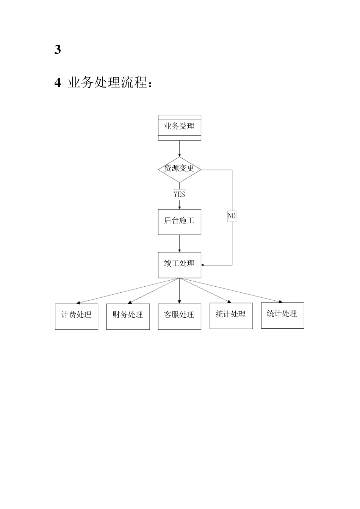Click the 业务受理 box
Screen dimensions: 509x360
coord(179,128)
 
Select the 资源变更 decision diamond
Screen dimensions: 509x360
coord(179,169)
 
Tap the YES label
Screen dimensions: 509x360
coord(179,195)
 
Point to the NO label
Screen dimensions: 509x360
coord(232,216)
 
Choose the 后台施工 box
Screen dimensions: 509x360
coord(179,222)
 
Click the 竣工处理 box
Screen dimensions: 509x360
coord(179,265)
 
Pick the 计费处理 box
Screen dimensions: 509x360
coord(77,317)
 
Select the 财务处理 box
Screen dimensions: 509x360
coord(128,317)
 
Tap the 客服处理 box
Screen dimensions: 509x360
coord(179,317)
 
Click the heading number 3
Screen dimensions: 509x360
coord(58,50)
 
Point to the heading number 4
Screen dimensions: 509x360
coord(58,83)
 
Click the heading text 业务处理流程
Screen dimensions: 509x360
coord(110,83)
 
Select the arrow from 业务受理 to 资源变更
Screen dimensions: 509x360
coord(179,148)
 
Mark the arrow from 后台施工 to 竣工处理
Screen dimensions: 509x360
coord(179,244)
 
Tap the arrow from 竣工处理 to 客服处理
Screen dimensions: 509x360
coord(179,291)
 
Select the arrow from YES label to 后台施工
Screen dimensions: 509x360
coord(179,205)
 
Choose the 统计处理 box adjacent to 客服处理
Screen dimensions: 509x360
coord(231,316)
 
